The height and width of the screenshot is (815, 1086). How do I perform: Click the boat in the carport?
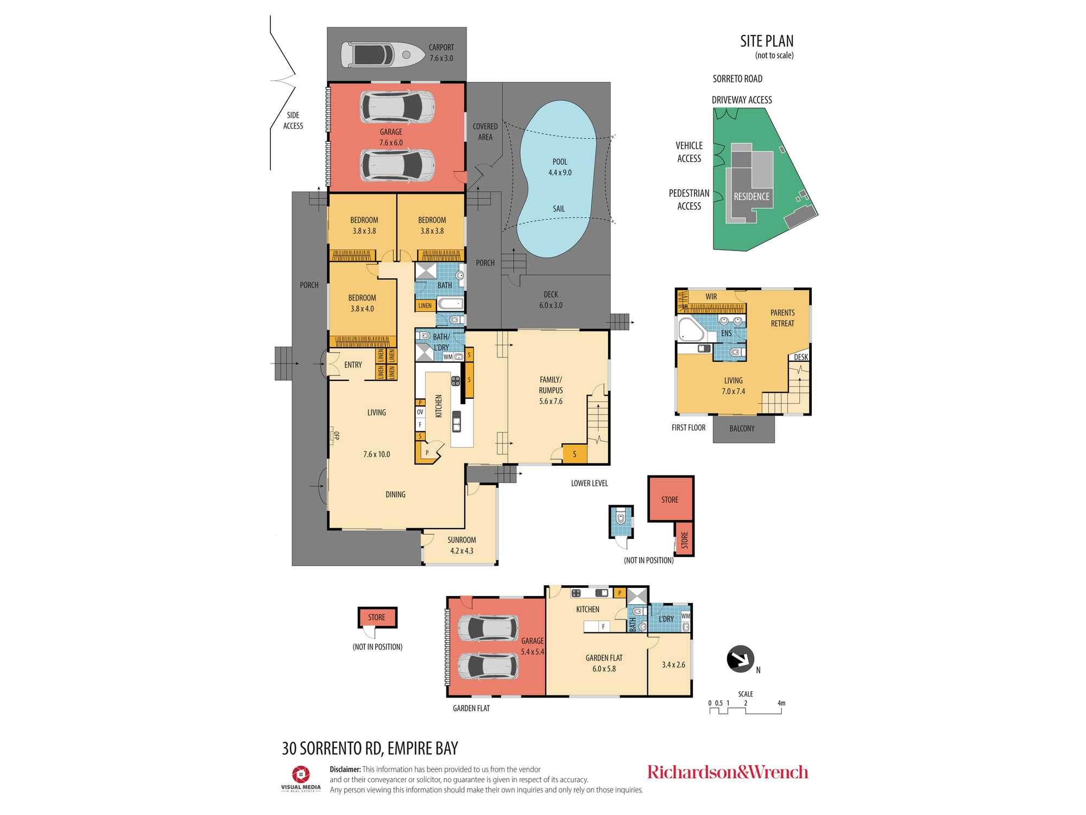383,55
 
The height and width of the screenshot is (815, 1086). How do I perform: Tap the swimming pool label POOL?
560,162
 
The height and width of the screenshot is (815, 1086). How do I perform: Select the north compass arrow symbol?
740,659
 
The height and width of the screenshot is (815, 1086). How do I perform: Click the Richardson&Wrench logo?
728,772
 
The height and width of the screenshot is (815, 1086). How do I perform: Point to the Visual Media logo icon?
301,774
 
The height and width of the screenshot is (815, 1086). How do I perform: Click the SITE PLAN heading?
767,41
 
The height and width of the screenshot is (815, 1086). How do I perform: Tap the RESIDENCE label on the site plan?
752,197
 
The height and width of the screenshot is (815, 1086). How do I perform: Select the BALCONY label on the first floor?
742,429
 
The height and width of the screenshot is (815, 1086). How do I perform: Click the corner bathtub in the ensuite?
691,329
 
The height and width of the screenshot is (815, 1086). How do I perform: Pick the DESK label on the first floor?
801,357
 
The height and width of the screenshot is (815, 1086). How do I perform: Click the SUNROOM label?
462,540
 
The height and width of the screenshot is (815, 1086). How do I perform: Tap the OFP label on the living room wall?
336,436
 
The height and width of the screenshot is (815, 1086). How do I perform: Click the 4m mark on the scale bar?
781,703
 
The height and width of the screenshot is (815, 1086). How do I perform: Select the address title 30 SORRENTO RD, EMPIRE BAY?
370,749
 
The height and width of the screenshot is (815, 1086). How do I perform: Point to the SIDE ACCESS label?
293,121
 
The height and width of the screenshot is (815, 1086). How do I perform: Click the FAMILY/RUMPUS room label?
551,385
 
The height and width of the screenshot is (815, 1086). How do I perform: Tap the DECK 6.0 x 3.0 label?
551,300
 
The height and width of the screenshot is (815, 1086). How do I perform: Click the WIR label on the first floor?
711,297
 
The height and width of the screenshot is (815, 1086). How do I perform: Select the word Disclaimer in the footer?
345,769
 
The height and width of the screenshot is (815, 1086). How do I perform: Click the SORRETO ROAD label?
737,79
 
